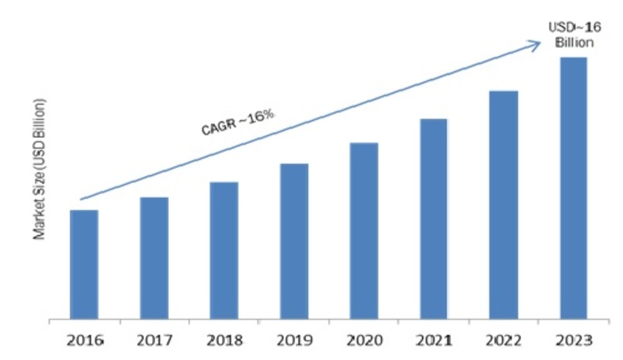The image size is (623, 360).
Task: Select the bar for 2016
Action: [84, 265]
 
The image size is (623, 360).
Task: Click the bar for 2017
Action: [153, 258]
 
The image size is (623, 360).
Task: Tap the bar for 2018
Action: [224, 251]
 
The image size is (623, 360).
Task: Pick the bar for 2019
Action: [294, 242]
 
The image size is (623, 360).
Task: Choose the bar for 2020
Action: [364, 231]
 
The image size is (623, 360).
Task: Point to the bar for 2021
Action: [434, 219]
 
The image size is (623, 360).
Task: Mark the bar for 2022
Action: [504, 205]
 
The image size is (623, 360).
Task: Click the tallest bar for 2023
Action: [573, 189]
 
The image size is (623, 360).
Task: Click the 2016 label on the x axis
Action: [84, 341]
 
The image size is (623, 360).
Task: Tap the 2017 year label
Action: [153, 341]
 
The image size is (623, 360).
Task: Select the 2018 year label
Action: [224, 341]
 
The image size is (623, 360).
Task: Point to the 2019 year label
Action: [294, 341]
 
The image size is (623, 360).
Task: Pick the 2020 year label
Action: [364, 341]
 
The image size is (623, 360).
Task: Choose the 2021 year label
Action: [434, 341]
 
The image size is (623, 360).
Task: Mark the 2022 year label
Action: [504, 341]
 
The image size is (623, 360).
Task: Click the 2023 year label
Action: [573, 341]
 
